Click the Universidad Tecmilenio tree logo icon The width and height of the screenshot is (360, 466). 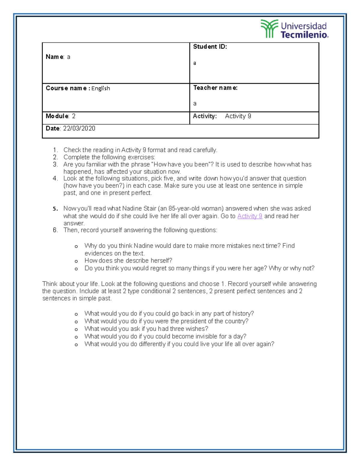(269, 29)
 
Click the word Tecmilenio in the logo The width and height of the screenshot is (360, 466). (304, 35)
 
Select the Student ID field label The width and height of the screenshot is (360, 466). (210, 47)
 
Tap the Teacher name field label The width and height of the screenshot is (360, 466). (215, 88)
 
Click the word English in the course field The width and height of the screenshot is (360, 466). (100, 88)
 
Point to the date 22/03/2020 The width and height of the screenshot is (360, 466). (79, 128)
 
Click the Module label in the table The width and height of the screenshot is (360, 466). (57, 116)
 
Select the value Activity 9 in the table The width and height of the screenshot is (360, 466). (238, 116)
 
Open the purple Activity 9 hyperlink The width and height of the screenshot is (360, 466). (250, 216)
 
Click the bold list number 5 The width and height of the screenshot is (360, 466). (55, 209)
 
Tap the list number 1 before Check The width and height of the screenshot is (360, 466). (55, 150)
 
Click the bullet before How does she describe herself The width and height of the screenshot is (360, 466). (76, 261)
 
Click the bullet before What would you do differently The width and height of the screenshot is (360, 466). (76, 345)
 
